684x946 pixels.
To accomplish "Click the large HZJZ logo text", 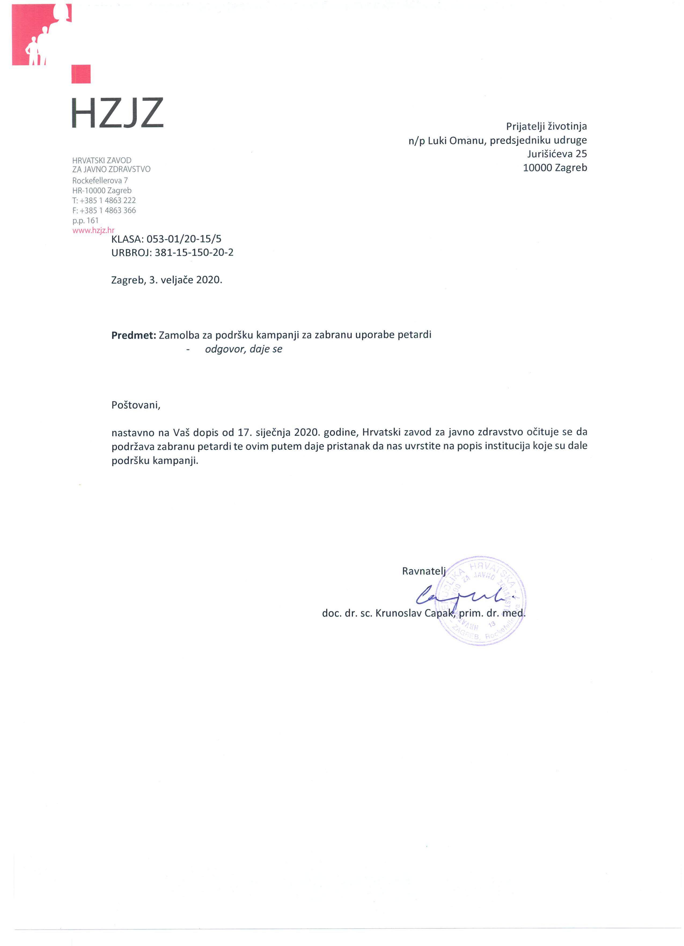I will point(117,113).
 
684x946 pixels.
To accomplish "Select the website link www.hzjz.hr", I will point(93,230).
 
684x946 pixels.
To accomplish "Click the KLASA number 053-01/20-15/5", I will point(184,239).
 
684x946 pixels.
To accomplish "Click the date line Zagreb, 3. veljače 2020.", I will point(167,280).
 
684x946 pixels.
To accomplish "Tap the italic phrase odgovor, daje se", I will point(243,349).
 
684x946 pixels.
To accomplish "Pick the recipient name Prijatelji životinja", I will point(546,126).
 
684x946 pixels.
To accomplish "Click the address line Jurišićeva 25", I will point(557,154).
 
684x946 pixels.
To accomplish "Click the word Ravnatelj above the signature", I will point(424,571).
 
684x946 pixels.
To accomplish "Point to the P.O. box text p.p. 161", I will point(86,221).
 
